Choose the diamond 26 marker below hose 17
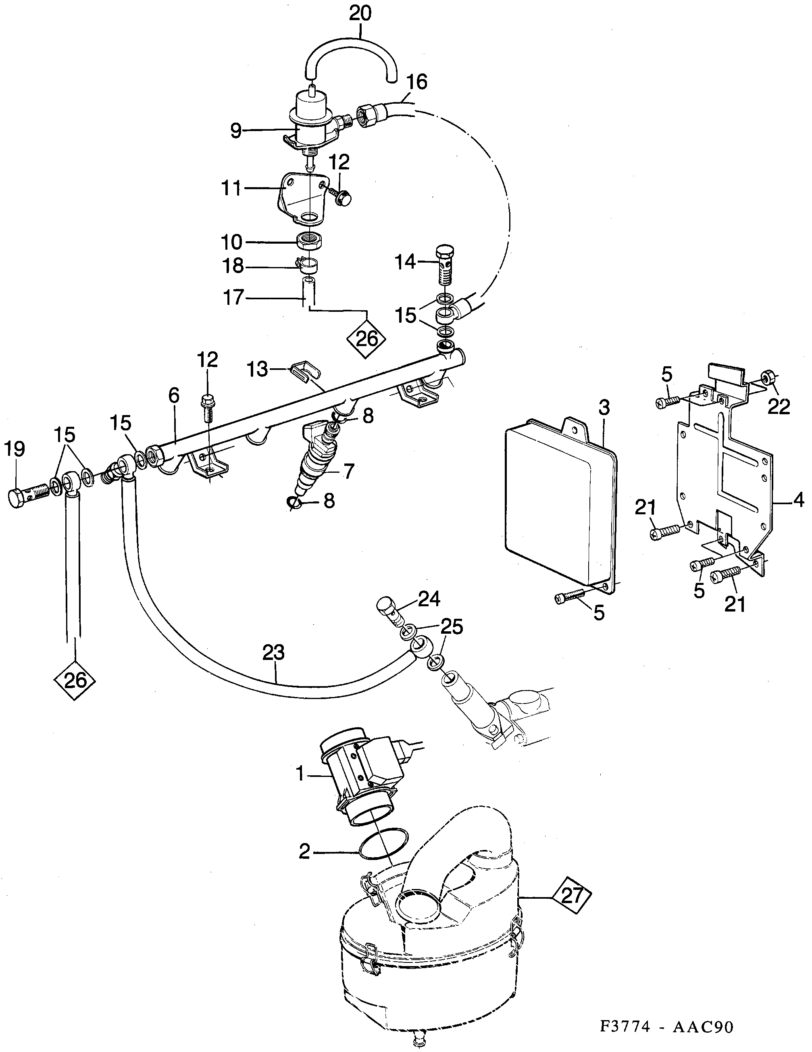point(367,339)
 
